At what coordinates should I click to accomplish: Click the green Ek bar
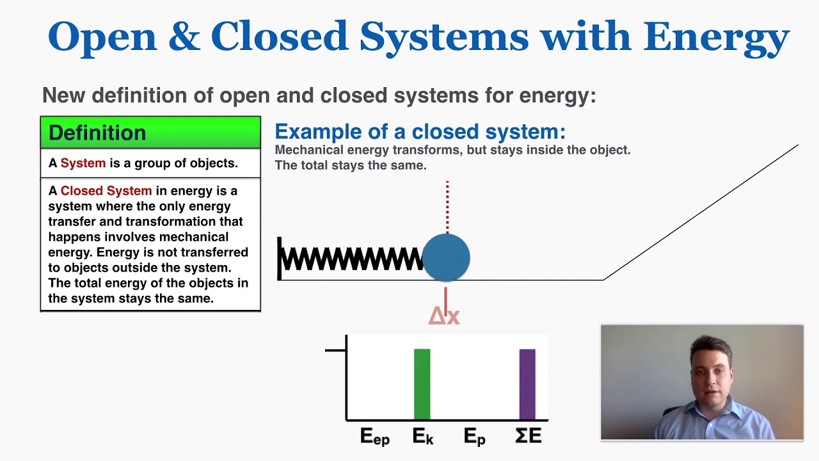pos(422,384)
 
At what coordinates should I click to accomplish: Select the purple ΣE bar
pos(527,384)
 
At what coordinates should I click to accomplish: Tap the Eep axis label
pos(374,437)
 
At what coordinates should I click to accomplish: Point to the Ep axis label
pos(474,437)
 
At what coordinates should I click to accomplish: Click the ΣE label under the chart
pos(529,436)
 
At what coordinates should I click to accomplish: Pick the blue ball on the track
pos(447,257)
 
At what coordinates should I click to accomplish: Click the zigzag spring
pos(352,258)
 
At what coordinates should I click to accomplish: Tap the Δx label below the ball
pos(444,315)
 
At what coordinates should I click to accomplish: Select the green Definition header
pos(150,133)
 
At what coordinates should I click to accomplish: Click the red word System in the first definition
pos(83,163)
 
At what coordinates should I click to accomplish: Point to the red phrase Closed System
pos(106,191)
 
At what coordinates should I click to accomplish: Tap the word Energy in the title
pos(717,37)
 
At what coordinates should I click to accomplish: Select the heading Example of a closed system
pos(420,132)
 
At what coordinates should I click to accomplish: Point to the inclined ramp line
pos(701,213)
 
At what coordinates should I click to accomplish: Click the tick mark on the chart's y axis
pos(335,350)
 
